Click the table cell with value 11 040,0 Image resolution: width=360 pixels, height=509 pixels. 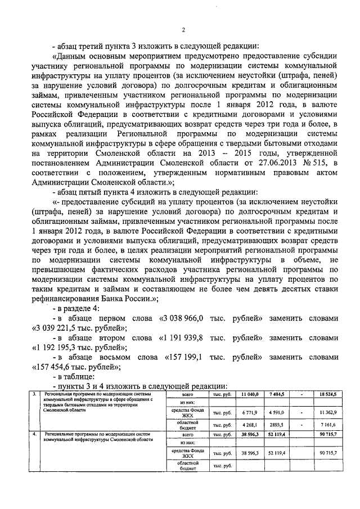coord(250,395)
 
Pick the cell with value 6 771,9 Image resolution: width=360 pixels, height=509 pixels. coord(250,413)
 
